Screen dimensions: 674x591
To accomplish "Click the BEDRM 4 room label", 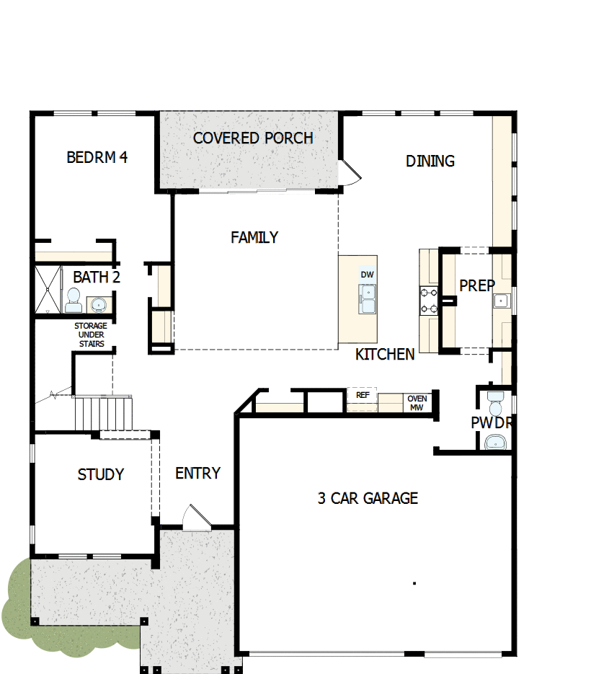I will point(97,157).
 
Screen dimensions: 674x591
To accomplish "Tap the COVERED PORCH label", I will point(253,138).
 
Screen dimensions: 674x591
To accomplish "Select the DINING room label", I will point(430,161).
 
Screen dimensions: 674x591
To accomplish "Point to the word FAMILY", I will point(254,237).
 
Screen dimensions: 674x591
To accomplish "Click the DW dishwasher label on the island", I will point(367,275).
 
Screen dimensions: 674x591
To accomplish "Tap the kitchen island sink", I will point(368,298).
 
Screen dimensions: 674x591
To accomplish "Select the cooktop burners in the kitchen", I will point(430,301).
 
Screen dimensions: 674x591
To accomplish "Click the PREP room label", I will point(477,285).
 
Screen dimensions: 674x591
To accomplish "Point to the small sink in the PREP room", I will point(502,301).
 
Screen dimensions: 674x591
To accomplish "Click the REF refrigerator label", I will point(363,395).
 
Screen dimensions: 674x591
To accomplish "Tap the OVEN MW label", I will point(417,403).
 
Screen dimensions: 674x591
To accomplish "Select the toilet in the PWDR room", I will point(495,403).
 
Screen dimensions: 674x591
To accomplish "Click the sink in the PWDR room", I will point(497,441).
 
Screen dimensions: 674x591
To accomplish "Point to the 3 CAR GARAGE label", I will point(368,498).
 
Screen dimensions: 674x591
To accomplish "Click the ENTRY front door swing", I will point(195,518).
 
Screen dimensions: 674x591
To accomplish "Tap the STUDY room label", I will point(101,474).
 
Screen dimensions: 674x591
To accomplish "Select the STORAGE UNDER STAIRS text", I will point(92,335).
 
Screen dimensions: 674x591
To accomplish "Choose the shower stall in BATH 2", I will point(49,289).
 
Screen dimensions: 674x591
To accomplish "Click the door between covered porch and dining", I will point(349,173).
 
